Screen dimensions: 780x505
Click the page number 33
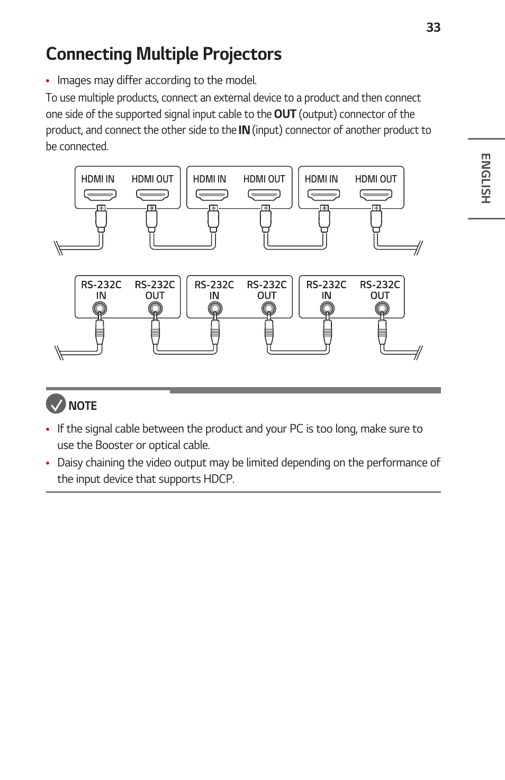point(433,27)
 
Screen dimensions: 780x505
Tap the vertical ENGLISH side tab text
point(485,178)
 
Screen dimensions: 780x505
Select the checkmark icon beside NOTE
point(56,404)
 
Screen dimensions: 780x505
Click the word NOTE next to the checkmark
point(83,406)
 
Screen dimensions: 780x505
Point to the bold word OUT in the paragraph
point(285,114)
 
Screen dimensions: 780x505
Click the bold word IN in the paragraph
point(244,130)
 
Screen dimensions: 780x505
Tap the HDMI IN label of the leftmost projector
point(97,179)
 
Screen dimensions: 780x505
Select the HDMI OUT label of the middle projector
point(264,179)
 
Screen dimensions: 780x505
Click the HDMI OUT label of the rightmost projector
point(376,179)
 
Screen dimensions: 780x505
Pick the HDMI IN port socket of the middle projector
point(212,195)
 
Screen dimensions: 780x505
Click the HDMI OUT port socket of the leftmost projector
point(152,195)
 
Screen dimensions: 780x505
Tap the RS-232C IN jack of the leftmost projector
point(100,308)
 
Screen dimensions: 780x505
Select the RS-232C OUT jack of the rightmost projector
point(382,308)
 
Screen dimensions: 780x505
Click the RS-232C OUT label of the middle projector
point(267,290)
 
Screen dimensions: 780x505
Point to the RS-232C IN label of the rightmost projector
point(326,290)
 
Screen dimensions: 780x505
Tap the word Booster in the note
point(114,445)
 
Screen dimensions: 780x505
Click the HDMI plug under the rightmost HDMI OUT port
point(376,218)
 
